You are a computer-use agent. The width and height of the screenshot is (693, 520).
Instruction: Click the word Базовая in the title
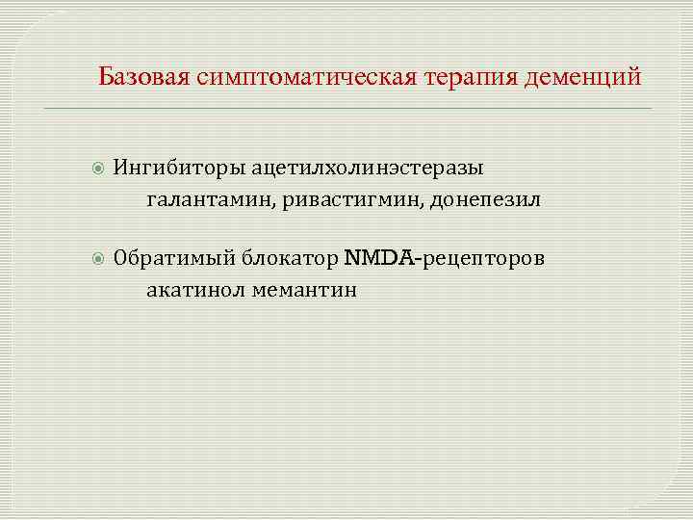coord(144,77)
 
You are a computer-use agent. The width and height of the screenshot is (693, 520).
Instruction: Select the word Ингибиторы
coord(179,168)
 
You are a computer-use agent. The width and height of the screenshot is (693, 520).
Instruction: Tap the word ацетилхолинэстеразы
coord(368,168)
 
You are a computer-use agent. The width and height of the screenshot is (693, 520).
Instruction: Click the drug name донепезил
coord(485,200)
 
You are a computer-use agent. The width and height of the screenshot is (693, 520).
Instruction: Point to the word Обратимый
coord(174,258)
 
